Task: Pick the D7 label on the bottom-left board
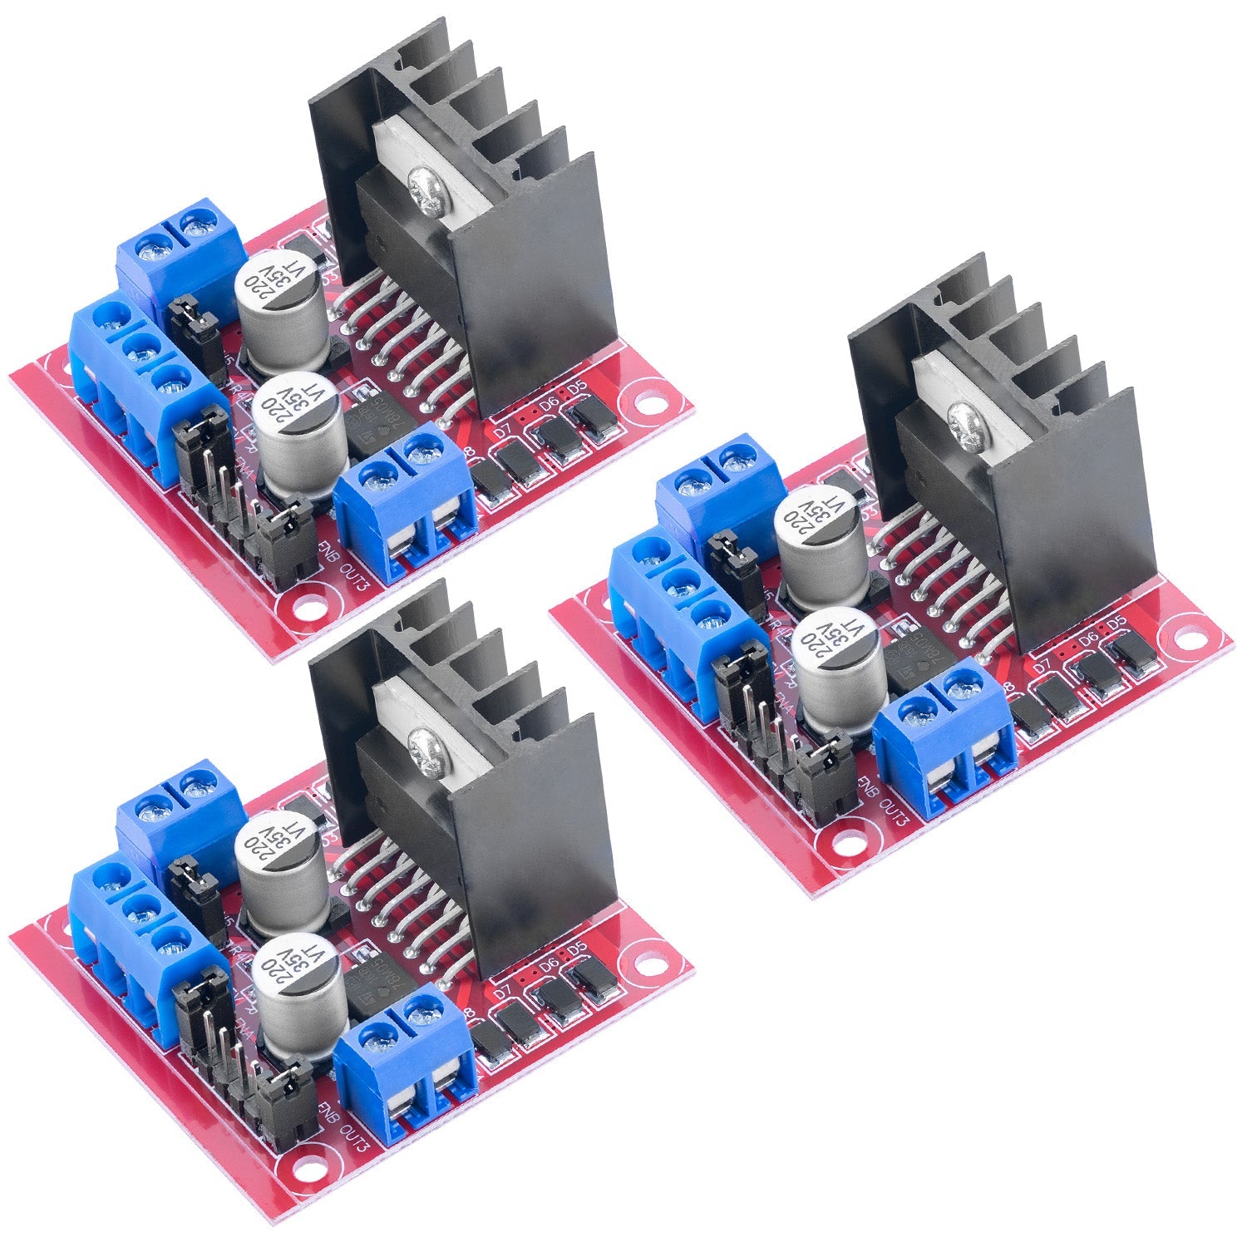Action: pyautogui.click(x=502, y=992)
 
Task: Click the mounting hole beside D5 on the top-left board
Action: pyautogui.click(x=649, y=407)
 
